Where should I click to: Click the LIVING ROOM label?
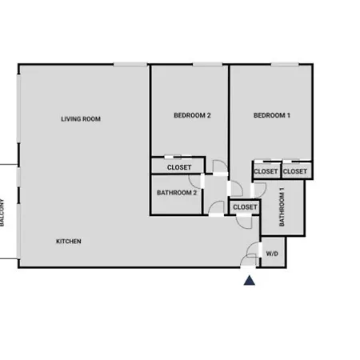(x=81, y=119)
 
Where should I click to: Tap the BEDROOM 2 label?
(x=192, y=115)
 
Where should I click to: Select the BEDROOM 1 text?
(x=272, y=115)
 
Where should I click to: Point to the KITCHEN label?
(x=69, y=242)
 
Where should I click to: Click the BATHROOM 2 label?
(x=177, y=193)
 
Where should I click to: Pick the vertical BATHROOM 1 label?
(x=282, y=207)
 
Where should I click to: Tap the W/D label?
(x=272, y=254)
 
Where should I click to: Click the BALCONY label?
(x=2, y=213)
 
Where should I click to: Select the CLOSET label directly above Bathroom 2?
(x=179, y=167)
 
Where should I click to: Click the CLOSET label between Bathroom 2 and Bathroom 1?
(x=245, y=207)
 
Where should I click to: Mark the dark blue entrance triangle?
(x=250, y=280)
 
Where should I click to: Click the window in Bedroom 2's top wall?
(x=207, y=64)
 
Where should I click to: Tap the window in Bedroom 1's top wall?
(x=285, y=64)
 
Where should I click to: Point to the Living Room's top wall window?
(x=130, y=64)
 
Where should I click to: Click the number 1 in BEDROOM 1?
(x=288, y=115)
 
